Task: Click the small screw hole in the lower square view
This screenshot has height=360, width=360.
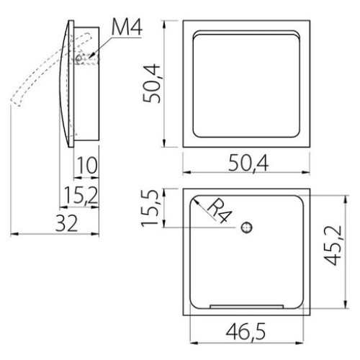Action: [x=247, y=228]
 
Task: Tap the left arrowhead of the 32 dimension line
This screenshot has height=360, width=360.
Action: [x=14, y=233]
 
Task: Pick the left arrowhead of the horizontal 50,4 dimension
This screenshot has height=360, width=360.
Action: [x=186, y=173]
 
